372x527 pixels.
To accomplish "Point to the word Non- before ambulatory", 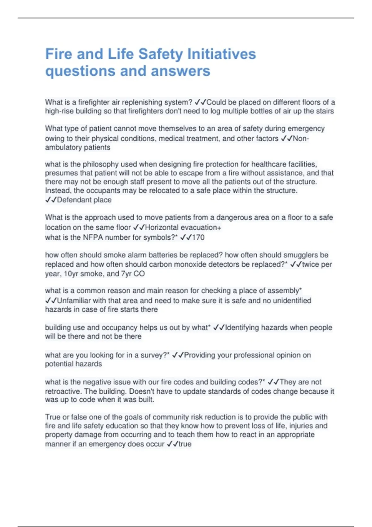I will click(301, 138).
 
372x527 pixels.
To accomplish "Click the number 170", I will click(198, 237).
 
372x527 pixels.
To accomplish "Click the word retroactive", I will click(63, 391).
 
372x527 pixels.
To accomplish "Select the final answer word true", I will click(185, 444).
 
